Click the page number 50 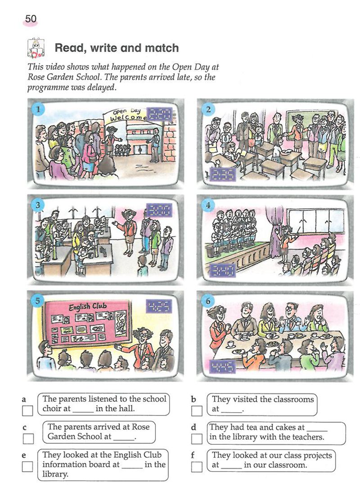pyautogui.click(x=31, y=19)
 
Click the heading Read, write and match pyautogui.click(x=117, y=48)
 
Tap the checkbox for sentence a pyautogui.click(x=27, y=411)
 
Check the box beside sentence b pyautogui.click(x=197, y=411)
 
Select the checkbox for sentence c pyautogui.click(x=28, y=438)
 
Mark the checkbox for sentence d pyautogui.click(x=197, y=438)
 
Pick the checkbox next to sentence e pyautogui.click(x=27, y=466)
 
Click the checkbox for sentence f pyautogui.click(x=197, y=466)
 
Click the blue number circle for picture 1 pyautogui.click(x=38, y=109)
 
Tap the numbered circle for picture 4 pyautogui.click(x=208, y=205)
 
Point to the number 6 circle pyautogui.click(x=208, y=301)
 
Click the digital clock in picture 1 pyautogui.click(x=161, y=114)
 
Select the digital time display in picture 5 pyautogui.click(x=159, y=306)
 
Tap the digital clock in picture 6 pyautogui.click(x=223, y=366)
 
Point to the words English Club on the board pyautogui.click(x=88, y=307)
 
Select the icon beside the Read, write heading pyautogui.click(x=36, y=48)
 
